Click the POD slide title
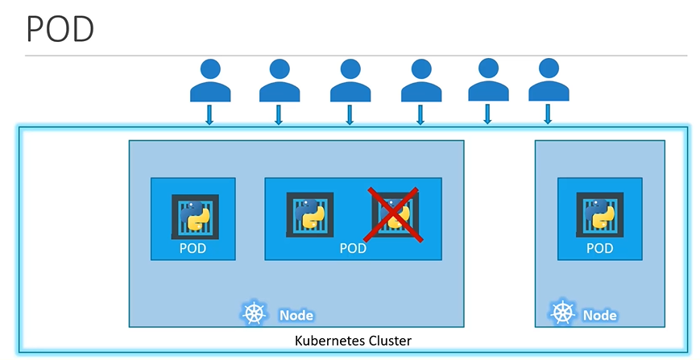point(60,30)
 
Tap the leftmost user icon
point(209,81)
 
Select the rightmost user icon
point(548,81)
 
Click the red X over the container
point(394,213)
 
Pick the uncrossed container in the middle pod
point(310,214)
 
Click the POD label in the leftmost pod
point(193,248)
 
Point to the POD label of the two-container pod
point(353,248)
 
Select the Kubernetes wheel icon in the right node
point(561,313)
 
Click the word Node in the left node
point(296,316)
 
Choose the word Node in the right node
point(599,316)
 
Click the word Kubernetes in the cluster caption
point(325,341)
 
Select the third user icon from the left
point(350,81)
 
